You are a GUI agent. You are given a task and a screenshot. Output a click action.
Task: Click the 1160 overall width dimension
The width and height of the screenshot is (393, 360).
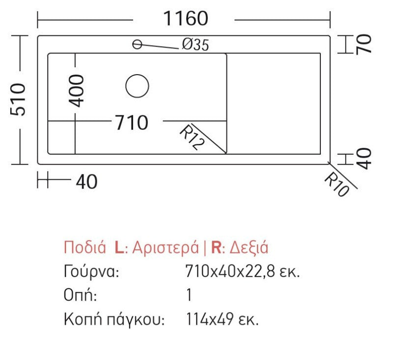[185, 19]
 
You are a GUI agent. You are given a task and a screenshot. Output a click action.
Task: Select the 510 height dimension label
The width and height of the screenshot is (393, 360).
[19, 99]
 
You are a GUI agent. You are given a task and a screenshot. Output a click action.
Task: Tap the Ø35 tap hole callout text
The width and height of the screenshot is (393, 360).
[195, 45]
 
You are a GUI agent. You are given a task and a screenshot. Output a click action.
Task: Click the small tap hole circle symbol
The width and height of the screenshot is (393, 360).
[137, 45]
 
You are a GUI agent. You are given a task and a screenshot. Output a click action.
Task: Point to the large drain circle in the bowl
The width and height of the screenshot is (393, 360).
[137, 86]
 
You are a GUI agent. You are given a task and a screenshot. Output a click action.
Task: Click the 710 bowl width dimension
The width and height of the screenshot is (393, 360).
[131, 123]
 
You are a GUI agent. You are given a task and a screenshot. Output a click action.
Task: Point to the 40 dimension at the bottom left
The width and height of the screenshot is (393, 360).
[86, 182]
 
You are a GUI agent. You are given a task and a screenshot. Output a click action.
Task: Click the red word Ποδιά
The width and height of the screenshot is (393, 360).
[84, 247]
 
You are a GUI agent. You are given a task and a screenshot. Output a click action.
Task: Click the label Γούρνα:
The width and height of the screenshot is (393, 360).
[91, 271]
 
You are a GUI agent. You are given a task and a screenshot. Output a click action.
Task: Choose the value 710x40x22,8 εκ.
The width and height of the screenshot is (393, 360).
[243, 271]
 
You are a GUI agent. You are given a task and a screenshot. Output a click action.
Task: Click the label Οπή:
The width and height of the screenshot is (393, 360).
[80, 295]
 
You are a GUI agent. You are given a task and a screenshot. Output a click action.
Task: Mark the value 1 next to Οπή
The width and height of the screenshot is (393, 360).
[189, 295]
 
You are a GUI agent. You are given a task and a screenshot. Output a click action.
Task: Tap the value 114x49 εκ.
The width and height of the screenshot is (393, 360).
[222, 320]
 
